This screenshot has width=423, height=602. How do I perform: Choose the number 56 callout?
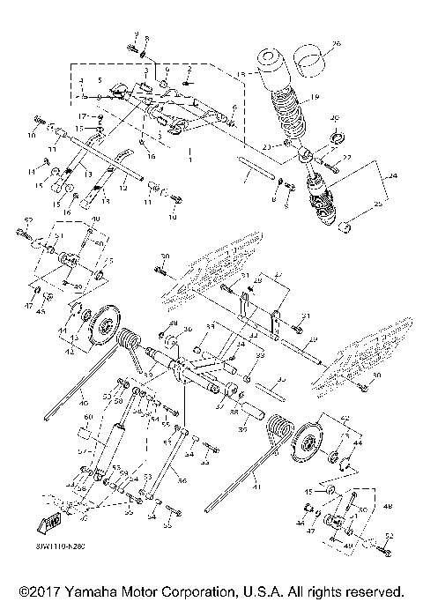[x=182, y=482]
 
